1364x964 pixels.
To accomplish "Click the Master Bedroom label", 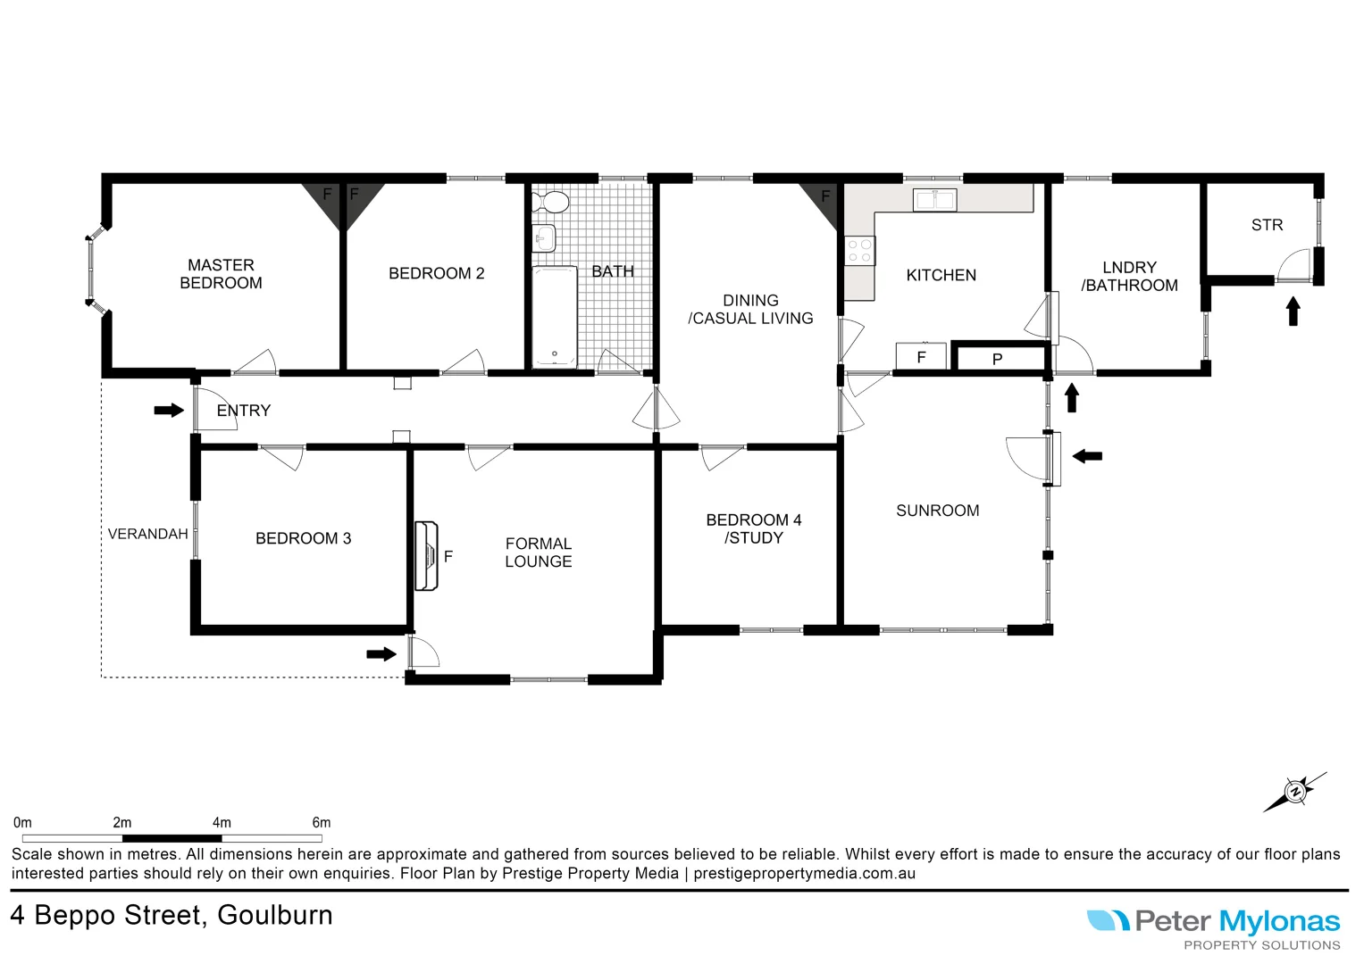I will [x=221, y=274].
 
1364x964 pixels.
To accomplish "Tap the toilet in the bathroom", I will [x=552, y=203].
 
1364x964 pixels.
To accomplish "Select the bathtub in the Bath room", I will [x=554, y=317].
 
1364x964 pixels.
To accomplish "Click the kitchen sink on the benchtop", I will [x=934, y=199].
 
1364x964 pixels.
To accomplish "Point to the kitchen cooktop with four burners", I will [x=859, y=251].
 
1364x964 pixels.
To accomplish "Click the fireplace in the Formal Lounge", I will [x=427, y=556].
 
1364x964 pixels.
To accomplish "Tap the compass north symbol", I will [x=1295, y=792].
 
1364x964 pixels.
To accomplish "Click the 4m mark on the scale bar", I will [x=222, y=823].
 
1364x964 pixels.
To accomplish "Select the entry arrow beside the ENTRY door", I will [x=168, y=411].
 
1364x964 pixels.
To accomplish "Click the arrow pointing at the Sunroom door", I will [x=1087, y=456].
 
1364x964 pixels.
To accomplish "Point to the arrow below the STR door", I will [x=1293, y=312].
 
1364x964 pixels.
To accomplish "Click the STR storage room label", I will [x=1267, y=225].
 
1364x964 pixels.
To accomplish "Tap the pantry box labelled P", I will [x=998, y=359].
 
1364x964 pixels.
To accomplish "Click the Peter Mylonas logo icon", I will [x=1108, y=920].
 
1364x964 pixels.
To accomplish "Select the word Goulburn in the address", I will [x=274, y=916].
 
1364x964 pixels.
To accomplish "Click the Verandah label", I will [x=147, y=534].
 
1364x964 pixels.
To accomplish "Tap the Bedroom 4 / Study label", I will [x=753, y=528].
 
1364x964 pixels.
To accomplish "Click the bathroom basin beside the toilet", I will [x=544, y=238].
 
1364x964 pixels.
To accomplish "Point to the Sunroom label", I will [x=937, y=511].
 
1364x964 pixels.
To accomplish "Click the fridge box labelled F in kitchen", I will [x=921, y=356].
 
